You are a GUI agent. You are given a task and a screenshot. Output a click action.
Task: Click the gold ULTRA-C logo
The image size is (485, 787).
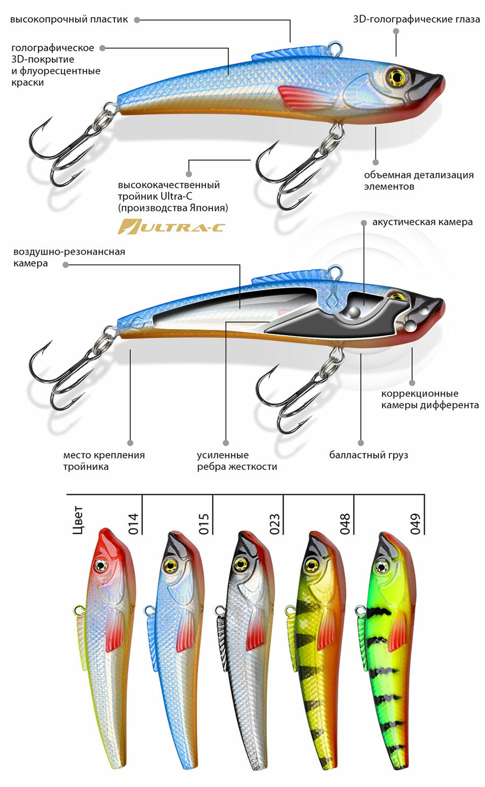pyautogui.click(x=171, y=227)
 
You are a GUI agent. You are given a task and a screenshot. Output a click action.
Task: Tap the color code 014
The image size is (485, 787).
pyautogui.click(x=134, y=524)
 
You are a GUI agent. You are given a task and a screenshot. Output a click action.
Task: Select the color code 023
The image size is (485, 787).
pyautogui.click(x=275, y=524)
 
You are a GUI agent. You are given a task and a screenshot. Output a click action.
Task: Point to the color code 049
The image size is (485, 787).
pyautogui.click(x=415, y=524)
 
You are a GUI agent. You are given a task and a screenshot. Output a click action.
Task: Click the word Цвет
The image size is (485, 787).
pyautogui.click(x=77, y=519)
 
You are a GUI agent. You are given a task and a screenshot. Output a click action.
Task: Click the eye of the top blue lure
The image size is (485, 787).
pyautogui.click(x=396, y=77)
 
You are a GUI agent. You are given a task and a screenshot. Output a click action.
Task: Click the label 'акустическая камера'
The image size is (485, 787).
pyautogui.click(x=422, y=222)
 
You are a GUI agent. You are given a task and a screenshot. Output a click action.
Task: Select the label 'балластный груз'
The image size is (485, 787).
pyautogui.click(x=369, y=455)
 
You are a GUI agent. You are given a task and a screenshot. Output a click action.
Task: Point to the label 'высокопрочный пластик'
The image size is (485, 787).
pyautogui.click(x=69, y=19)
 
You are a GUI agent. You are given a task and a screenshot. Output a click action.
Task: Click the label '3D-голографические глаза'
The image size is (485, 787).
pyautogui.click(x=417, y=19)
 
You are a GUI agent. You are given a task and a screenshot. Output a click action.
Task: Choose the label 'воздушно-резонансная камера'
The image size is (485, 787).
pyautogui.click(x=69, y=257)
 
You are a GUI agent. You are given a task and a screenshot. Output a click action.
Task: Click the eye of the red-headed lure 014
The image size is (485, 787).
pyautogui.click(x=100, y=565)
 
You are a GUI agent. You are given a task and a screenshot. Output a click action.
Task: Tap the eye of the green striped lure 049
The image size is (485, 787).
pyautogui.click(x=382, y=566)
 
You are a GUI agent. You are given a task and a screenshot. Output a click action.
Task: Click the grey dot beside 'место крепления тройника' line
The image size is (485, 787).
pyautogui.click(x=130, y=440)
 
